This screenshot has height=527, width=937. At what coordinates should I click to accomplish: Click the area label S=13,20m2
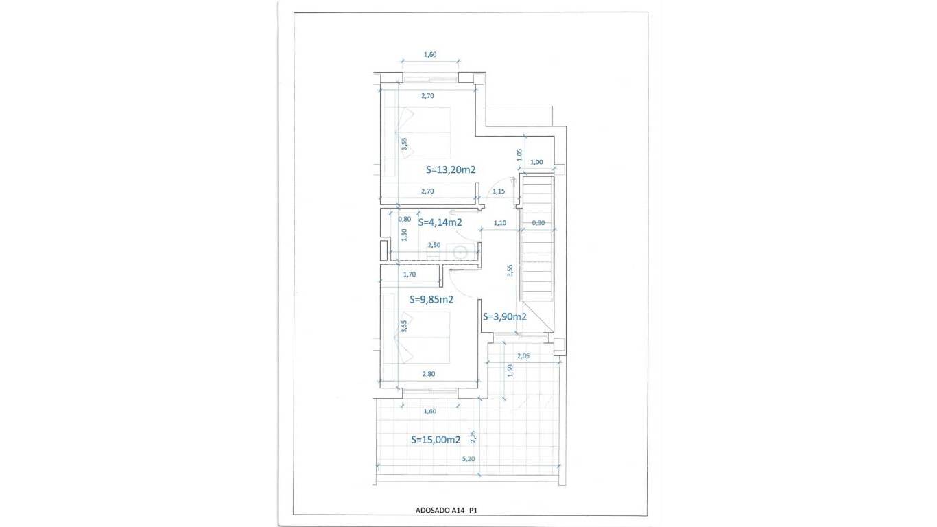click(x=451, y=169)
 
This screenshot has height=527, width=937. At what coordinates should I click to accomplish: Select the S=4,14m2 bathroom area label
click(x=440, y=222)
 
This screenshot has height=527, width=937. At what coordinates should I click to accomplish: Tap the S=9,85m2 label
click(x=431, y=299)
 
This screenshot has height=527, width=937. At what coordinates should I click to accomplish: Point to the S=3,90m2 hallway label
click(x=504, y=317)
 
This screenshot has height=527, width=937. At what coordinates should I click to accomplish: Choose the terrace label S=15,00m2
click(x=436, y=440)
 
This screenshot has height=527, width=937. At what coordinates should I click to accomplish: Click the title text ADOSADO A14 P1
click(x=450, y=511)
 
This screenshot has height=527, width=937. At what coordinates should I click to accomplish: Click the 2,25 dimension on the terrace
click(x=473, y=437)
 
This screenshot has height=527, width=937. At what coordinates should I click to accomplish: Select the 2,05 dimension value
click(x=523, y=355)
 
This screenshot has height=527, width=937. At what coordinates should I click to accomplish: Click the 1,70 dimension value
click(x=410, y=274)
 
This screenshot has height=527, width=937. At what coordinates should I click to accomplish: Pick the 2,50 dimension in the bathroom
click(x=434, y=245)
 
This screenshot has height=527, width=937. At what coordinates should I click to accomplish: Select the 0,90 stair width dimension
click(x=538, y=222)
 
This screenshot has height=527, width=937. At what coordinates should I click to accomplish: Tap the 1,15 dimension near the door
click(x=499, y=191)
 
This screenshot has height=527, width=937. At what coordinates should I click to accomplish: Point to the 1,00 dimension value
click(x=537, y=162)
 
